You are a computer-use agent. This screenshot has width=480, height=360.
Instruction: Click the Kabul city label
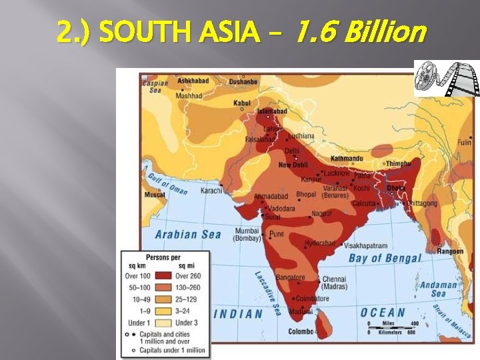pyautogui.click(x=242, y=103)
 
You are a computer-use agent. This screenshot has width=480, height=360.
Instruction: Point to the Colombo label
pyautogui.click(x=300, y=331)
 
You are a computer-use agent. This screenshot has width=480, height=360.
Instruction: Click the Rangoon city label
pyautogui.click(x=450, y=251)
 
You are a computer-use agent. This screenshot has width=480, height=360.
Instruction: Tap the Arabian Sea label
pyautogui.click(x=188, y=234)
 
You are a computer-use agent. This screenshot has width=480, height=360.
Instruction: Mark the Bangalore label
pyautogui.click(x=290, y=278)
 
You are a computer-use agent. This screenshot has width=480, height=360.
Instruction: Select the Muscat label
pyautogui.click(x=155, y=195)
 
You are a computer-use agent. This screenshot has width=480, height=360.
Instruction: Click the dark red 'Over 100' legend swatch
pyautogui.click(x=163, y=276)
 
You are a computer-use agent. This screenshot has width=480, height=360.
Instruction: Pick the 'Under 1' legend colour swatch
pyautogui.click(x=163, y=322)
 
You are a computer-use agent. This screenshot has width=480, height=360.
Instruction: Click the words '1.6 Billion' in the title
pyautogui.click(x=359, y=31)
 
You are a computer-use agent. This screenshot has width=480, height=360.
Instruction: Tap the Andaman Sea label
pyautogui.click(x=438, y=289)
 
